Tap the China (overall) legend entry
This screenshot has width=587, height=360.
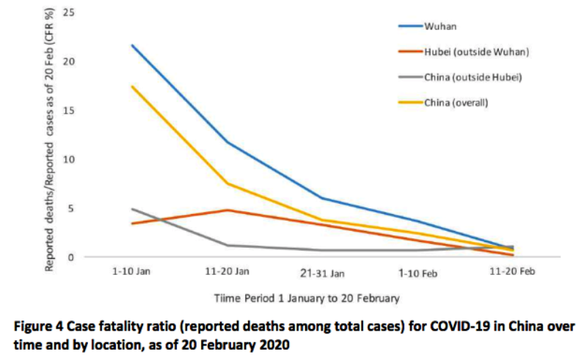tap(456, 102)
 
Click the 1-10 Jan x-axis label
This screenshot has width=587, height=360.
tap(131, 272)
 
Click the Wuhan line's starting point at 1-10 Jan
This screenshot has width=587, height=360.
tap(132, 45)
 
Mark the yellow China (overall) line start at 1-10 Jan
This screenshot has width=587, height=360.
tap(132, 87)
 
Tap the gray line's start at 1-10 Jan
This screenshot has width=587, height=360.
tap(132, 209)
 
